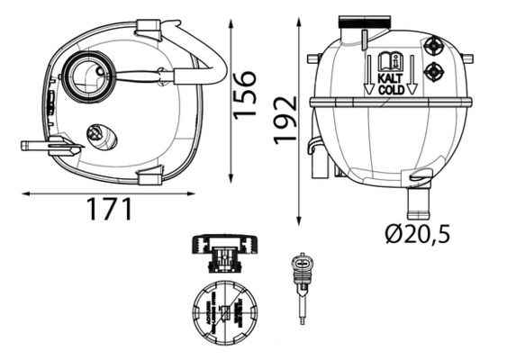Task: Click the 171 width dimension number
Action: (x=109, y=210)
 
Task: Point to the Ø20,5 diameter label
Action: (x=417, y=235)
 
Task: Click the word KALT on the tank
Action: (x=389, y=78)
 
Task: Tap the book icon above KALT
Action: (x=389, y=62)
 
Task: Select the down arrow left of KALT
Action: (x=368, y=75)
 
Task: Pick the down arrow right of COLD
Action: (x=412, y=75)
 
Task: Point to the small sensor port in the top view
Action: (x=96, y=133)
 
